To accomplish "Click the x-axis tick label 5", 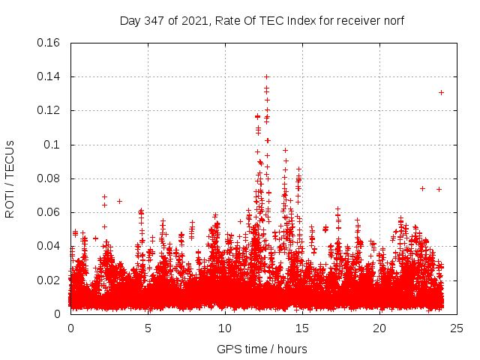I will click(148, 328).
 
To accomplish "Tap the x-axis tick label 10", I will click(225, 328).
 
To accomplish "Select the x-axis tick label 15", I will click(302, 328).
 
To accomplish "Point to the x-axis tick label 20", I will click(379, 328).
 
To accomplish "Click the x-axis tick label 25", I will click(457, 328).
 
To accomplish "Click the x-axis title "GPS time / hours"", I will click(262, 349).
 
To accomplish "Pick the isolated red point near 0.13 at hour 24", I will click(441, 92).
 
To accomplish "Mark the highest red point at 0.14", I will click(266, 76).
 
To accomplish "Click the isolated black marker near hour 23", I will click(422, 188).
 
